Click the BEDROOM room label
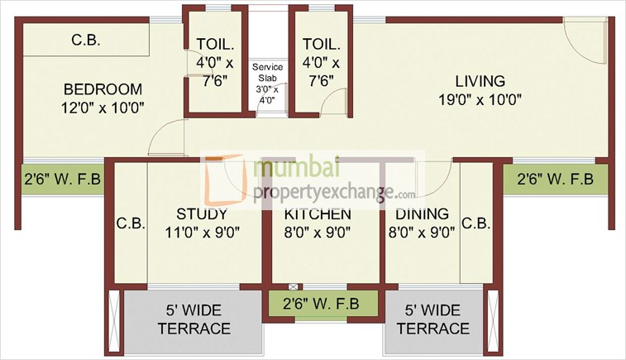[103, 89]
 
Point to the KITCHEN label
[318, 214]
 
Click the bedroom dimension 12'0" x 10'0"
[103, 107]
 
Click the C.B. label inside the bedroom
[85, 39]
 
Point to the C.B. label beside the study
[131, 223]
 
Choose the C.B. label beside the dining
[476, 223]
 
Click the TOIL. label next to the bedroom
[213, 45]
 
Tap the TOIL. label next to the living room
[318, 45]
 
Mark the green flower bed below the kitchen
[321, 303]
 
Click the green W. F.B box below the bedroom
[63, 179]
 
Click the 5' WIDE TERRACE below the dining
[432, 320]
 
